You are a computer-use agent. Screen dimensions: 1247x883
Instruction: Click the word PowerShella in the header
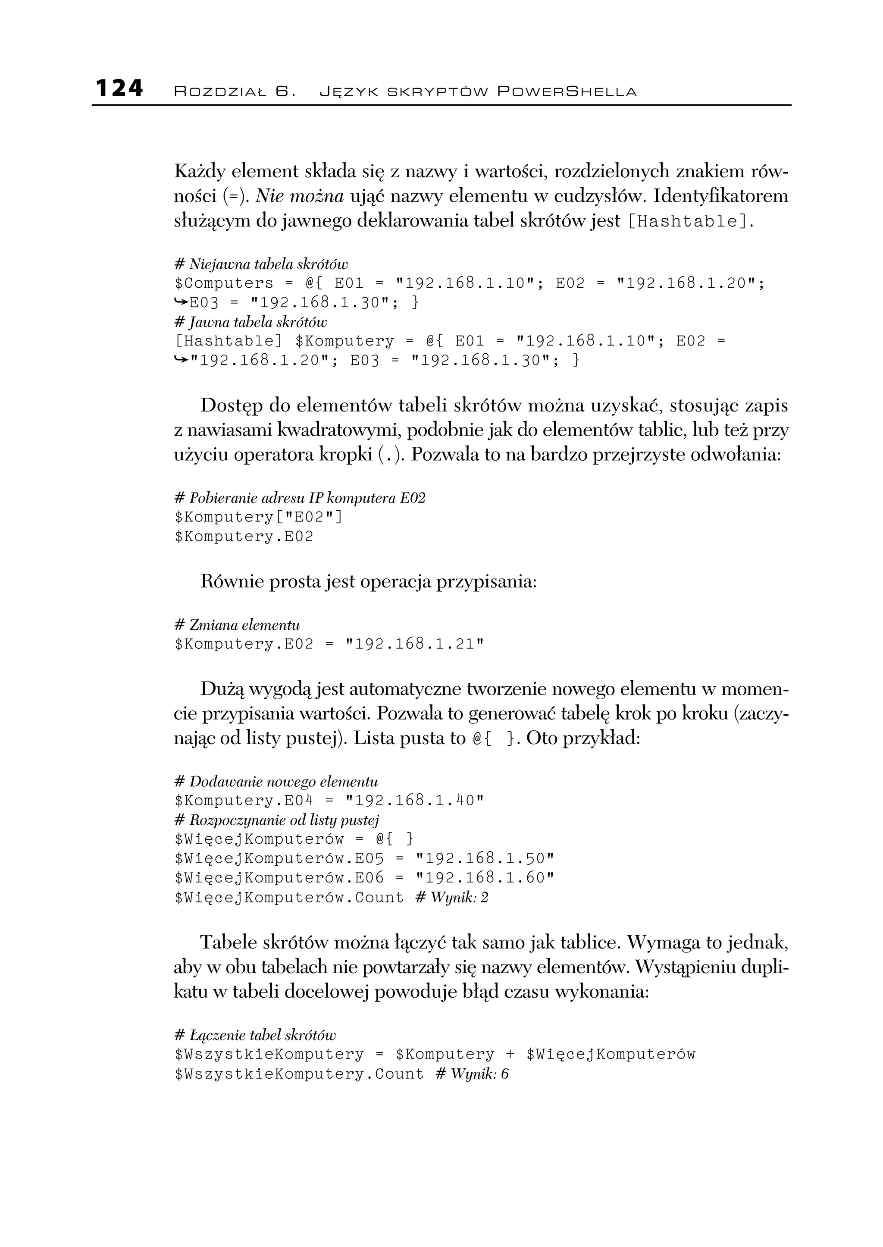coord(567,92)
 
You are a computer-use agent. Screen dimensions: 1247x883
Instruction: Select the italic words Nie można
coord(300,196)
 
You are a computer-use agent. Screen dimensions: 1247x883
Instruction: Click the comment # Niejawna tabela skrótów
coord(261,264)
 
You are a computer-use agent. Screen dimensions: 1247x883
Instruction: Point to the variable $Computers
coord(224,283)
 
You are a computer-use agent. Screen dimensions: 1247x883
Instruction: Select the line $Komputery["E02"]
coord(259,517)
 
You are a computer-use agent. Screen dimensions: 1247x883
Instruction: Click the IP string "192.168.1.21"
coord(415,644)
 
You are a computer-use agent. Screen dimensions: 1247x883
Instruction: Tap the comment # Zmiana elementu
coord(237,625)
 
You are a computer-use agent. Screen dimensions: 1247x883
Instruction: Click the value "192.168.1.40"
coord(415,801)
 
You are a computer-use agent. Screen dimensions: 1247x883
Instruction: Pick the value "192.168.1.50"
coord(485,859)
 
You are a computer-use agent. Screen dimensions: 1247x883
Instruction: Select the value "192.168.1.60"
coord(485,878)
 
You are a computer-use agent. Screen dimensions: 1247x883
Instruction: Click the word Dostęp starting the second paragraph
coord(232,406)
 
